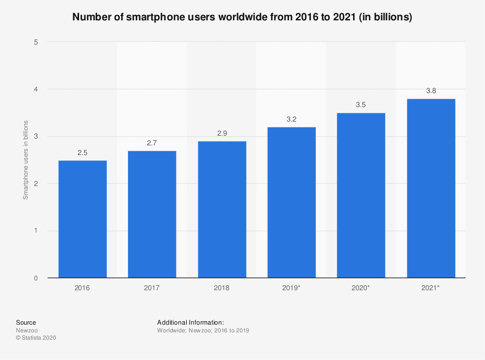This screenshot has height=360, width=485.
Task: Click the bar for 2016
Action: (82, 219)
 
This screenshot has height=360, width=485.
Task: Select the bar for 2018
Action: (222, 209)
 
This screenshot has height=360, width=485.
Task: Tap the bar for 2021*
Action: (431, 188)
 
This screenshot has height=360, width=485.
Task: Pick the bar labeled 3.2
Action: (291, 202)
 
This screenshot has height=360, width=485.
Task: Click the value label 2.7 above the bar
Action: (152, 143)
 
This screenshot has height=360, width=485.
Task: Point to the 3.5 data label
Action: (361, 105)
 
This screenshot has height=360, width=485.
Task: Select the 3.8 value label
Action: (431, 91)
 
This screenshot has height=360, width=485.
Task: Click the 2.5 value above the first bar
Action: (82, 153)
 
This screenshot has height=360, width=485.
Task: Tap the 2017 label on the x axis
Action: (152, 288)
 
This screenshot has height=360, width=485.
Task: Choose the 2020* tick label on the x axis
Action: (361, 288)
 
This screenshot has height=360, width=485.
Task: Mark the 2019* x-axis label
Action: (291, 288)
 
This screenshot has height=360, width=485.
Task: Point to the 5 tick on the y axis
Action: (36, 42)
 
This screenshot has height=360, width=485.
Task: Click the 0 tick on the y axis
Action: (36, 278)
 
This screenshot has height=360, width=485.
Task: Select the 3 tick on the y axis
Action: (36, 137)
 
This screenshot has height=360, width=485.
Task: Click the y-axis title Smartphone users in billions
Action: (26, 159)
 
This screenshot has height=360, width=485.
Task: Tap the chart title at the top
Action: (242, 17)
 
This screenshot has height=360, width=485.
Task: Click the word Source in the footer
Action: (26, 323)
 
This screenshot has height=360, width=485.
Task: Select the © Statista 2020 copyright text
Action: (36, 338)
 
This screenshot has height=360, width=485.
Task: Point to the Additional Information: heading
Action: (190, 323)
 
